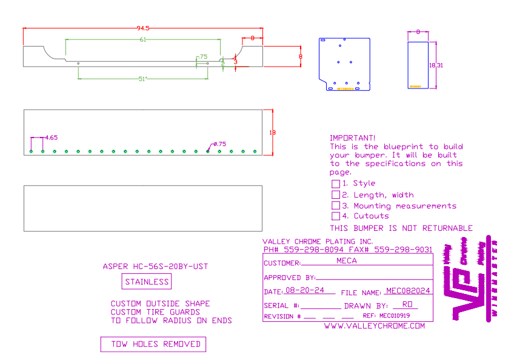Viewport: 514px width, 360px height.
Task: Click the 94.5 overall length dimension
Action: pyautogui.click(x=143, y=28)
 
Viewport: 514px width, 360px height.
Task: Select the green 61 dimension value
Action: pyautogui.click(x=143, y=40)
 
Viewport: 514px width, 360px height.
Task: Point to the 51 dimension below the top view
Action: pyautogui.click(x=143, y=79)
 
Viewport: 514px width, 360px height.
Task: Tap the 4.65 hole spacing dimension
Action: pyautogui.click(x=51, y=138)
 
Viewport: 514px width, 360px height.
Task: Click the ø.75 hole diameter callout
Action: pyautogui.click(x=219, y=144)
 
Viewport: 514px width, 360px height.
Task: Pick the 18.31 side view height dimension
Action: pyautogui.click(x=436, y=65)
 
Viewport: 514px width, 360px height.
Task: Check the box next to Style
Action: pyautogui.click(x=336, y=184)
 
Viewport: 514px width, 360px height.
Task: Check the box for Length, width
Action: pyautogui.click(x=336, y=195)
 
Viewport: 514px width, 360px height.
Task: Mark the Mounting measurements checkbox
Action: pyautogui.click(x=336, y=205)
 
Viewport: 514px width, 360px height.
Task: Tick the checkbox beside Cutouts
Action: pyautogui.click(x=336, y=216)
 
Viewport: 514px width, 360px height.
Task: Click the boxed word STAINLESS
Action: pyautogui.click(x=147, y=282)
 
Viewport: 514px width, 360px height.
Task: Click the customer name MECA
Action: pyautogui.click(x=346, y=261)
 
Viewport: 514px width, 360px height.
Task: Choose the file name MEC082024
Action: pyautogui.click(x=408, y=291)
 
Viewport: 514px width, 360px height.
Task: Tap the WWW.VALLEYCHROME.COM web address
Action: pyautogui.click(x=374, y=326)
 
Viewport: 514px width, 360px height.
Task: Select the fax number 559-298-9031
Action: pyautogui.click(x=403, y=249)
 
